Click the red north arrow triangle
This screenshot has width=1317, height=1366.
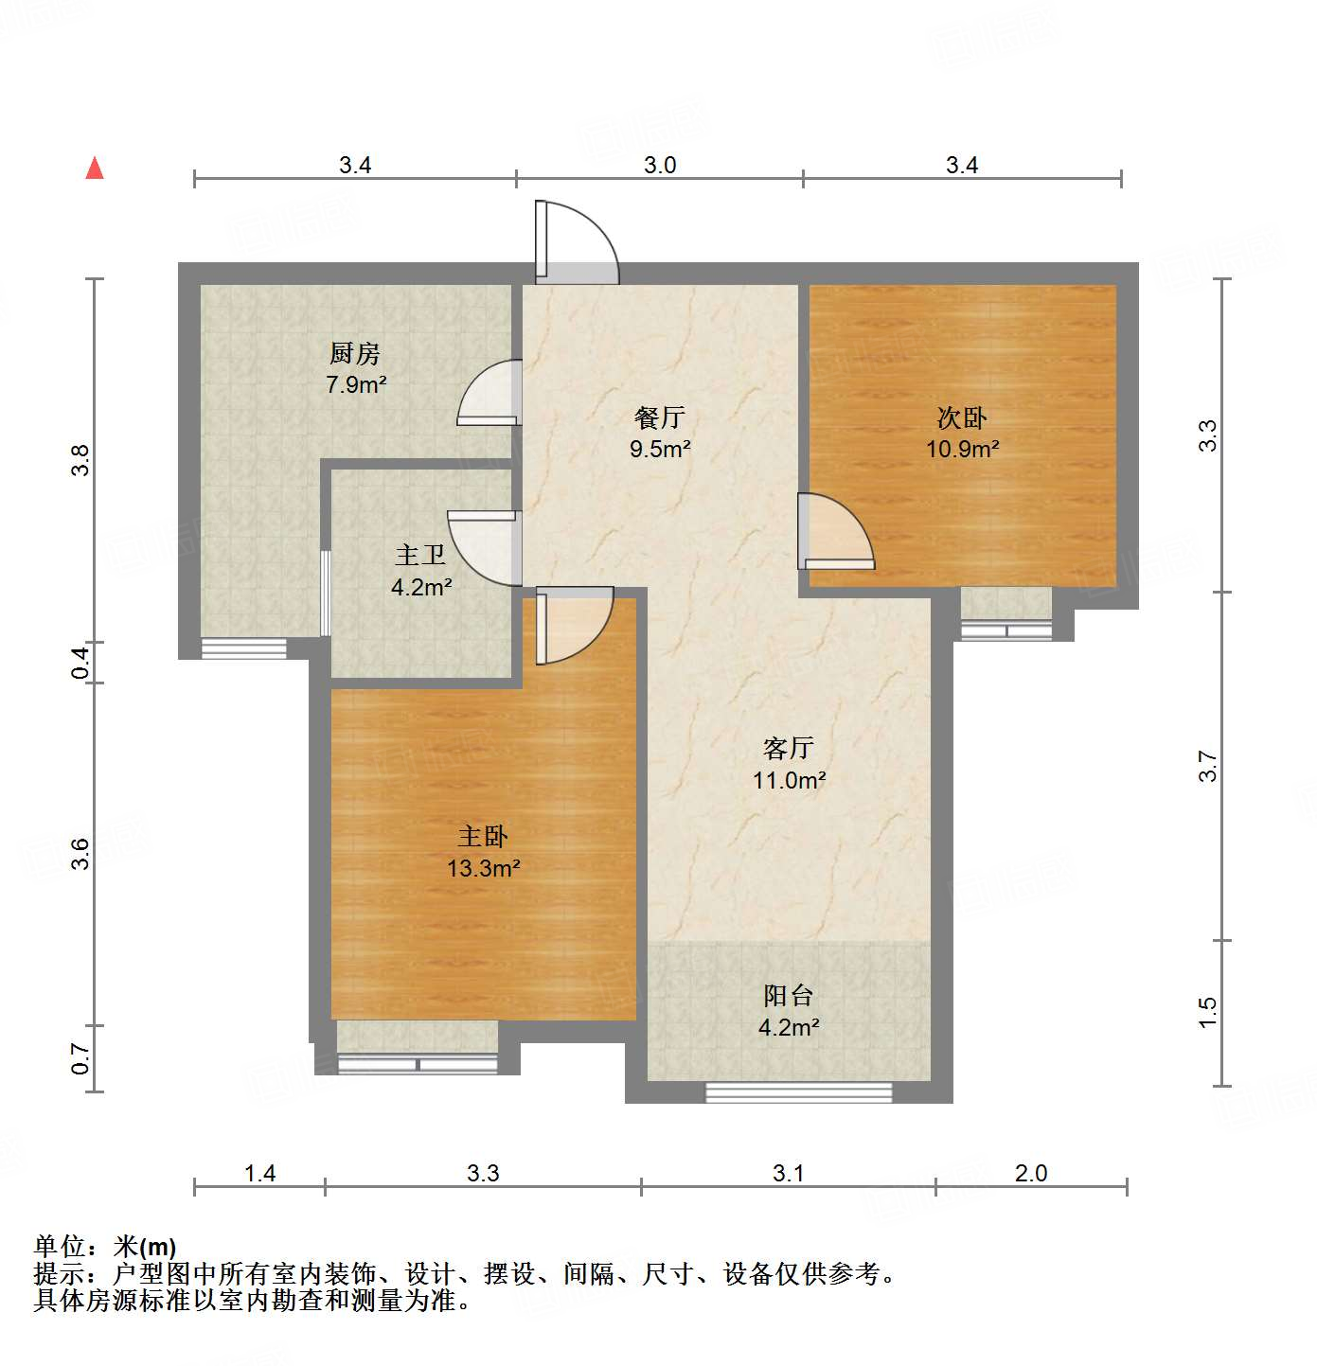click(95, 168)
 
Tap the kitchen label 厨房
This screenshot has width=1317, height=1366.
click(355, 353)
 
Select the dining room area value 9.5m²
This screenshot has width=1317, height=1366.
click(660, 449)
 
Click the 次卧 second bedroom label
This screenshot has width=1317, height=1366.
click(962, 417)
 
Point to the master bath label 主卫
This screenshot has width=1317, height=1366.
click(420, 555)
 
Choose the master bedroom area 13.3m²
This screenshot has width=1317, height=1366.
click(483, 868)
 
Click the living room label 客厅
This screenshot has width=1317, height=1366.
click(788, 749)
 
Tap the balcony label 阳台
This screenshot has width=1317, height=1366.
click(788, 996)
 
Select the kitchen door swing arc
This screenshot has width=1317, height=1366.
click(490, 392)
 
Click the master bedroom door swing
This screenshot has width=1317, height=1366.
click(574, 625)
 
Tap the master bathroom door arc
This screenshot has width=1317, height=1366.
click(485, 547)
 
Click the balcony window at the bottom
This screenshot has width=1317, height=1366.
click(799, 1092)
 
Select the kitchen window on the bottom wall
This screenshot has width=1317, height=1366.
click(244, 648)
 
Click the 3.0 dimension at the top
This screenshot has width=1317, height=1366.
click(660, 166)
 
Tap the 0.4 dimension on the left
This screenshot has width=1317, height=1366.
click(81, 661)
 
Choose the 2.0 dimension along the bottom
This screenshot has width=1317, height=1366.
click(1031, 1174)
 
